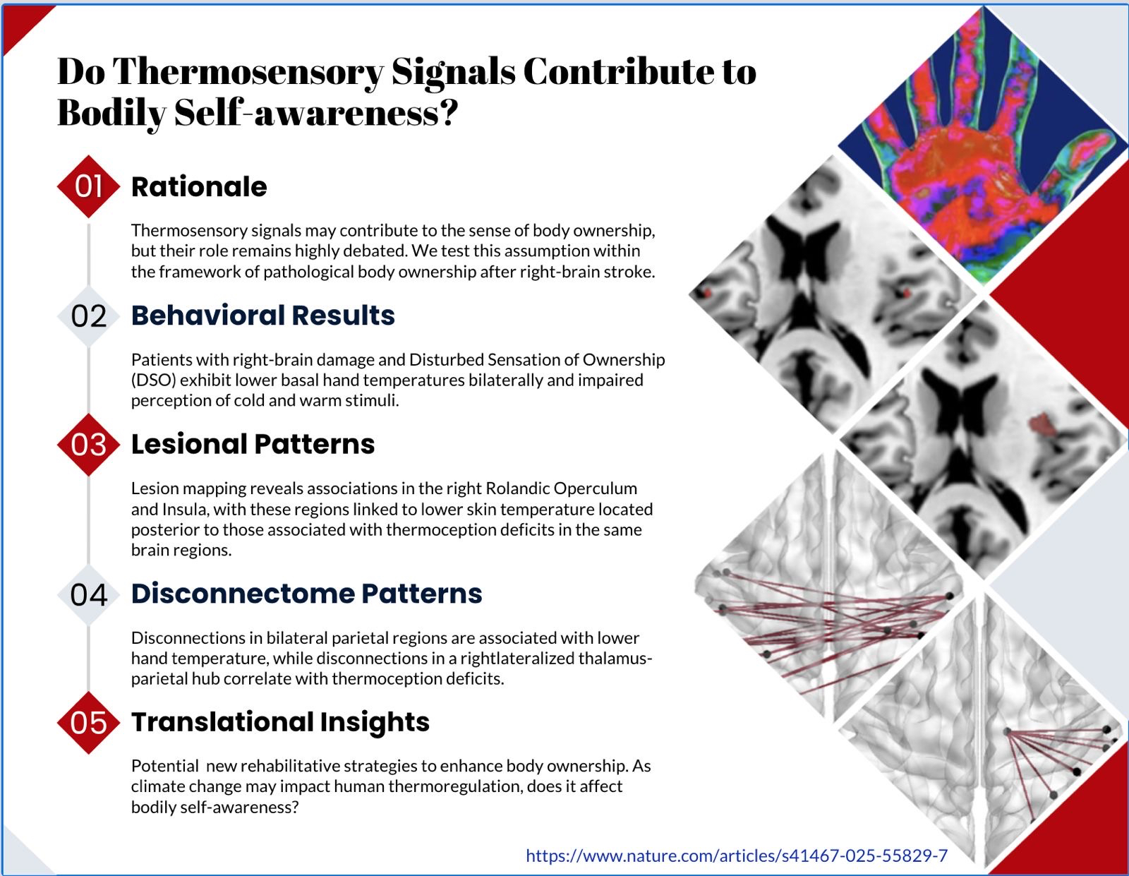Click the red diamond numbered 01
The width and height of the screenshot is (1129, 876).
pos(88,186)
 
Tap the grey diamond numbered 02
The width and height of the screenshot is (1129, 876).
pos(88,316)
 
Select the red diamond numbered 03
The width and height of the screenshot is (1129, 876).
pos(88,444)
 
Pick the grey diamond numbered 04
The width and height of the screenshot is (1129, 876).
pos(88,594)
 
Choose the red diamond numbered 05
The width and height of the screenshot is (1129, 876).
pos(88,722)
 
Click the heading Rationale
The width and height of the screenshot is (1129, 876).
pos(199,186)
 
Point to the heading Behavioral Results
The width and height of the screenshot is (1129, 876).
pos(263,316)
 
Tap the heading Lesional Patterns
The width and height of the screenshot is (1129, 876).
pos(253,444)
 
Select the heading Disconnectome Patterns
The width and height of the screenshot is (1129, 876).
pos(306,594)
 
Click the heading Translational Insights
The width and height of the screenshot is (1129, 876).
pos(280,721)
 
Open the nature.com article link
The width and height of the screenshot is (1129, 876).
pos(737,856)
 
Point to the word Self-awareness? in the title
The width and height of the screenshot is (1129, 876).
pos(316,113)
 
